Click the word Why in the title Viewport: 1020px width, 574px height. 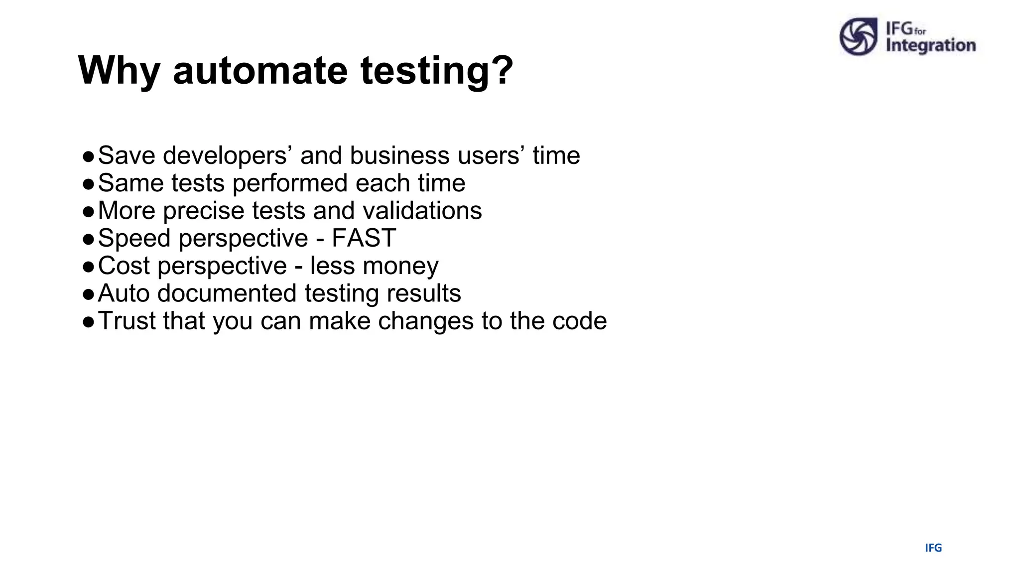point(119,71)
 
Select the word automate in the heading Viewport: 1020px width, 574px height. point(259,71)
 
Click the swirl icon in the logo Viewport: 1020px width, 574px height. point(858,36)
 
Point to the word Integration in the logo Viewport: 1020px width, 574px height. point(930,45)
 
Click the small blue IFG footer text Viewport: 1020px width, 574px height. point(933,548)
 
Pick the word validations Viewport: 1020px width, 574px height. point(422,210)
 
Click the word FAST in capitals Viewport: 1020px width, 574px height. point(364,238)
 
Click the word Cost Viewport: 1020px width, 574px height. point(124,266)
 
